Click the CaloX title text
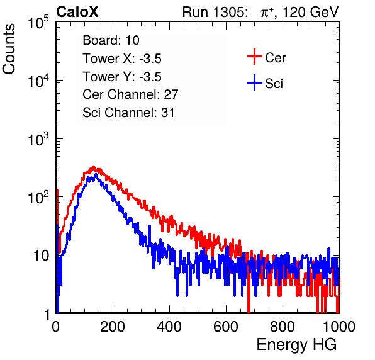click(77, 12)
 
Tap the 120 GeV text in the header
click(310, 12)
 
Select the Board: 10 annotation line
click(111, 40)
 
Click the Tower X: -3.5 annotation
click(122, 59)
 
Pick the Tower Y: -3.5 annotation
click(122, 77)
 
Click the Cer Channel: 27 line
click(130, 94)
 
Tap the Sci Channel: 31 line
click(128, 113)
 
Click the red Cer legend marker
click(254, 57)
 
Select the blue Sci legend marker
click(254, 83)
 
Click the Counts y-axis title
click(9, 48)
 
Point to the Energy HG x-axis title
click(296, 345)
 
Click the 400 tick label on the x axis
click(169, 327)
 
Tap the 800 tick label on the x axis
click(283, 327)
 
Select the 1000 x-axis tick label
click(339, 327)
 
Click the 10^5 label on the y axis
click(38, 22)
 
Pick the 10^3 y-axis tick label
click(38, 138)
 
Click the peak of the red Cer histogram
click(94, 167)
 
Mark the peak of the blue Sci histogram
click(96, 175)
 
